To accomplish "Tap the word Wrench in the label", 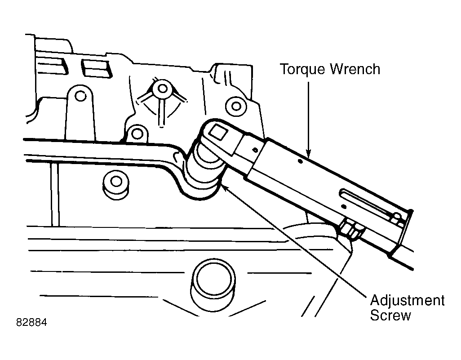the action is point(355,69).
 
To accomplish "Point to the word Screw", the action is point(390,316).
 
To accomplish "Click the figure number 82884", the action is point(31,323).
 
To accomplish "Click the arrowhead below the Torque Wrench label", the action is point(308,152).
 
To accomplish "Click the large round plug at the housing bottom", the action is point(213,284).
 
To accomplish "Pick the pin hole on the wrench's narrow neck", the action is point(255,150).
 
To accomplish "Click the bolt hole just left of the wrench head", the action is point(137,134).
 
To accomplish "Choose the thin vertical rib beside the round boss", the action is point(55,195).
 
